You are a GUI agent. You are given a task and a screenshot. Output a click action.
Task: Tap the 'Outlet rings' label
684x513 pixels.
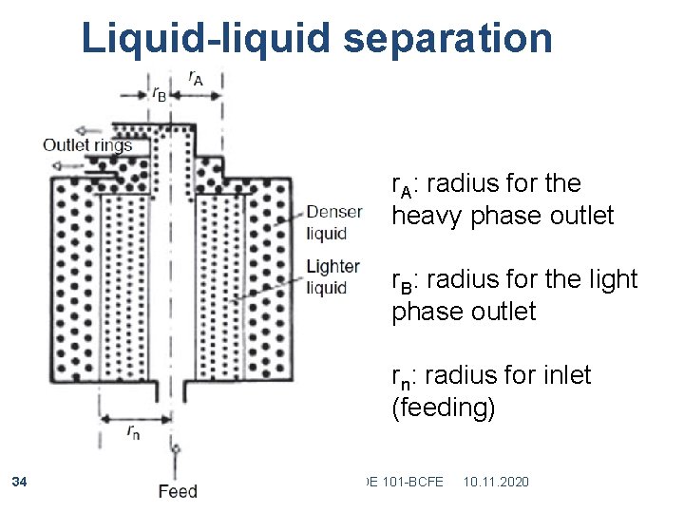tap(87, 145)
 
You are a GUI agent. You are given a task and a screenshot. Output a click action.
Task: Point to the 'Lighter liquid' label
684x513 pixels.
tap(332, 277)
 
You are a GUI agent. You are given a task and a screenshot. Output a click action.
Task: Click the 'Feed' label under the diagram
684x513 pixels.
tap(177, 491)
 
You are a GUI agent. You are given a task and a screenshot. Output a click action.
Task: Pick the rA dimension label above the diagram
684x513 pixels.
tap(194, 79)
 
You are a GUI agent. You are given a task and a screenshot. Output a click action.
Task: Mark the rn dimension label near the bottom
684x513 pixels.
tap(135, 432)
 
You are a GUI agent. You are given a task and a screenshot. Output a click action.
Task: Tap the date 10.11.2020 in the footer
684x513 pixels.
tap(496, 483)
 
